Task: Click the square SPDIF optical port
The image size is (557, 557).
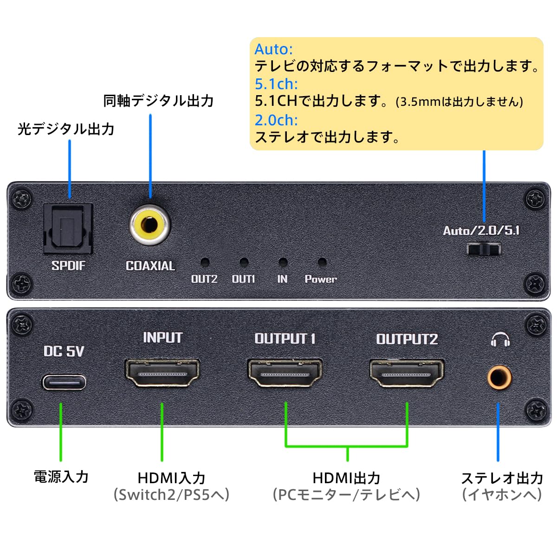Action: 68,229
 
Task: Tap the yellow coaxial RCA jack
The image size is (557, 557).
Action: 150,226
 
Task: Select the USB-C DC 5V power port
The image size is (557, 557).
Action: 65,382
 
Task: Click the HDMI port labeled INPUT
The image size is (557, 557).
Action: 162,373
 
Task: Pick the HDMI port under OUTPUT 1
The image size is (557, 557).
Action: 285,373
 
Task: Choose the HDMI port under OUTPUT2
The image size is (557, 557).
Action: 407,373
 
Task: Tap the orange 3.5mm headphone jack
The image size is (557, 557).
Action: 499,377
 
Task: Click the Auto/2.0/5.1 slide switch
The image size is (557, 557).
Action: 483,250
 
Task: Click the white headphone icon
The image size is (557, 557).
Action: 500,340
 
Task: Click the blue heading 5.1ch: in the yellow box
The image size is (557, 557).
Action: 276,84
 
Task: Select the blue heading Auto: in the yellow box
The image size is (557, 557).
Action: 273,49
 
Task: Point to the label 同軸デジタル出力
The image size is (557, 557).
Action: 158,101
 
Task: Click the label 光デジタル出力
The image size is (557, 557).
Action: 66,129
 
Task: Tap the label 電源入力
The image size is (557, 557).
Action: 61,477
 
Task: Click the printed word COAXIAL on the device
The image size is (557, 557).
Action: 150,266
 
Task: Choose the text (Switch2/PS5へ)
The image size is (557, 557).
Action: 172,495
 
